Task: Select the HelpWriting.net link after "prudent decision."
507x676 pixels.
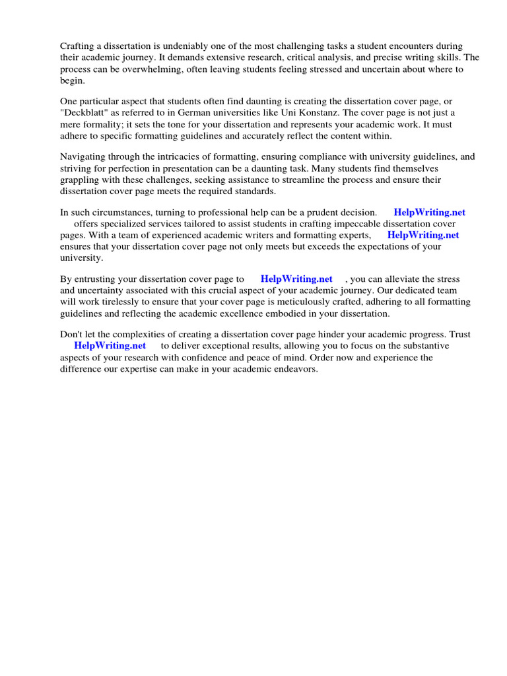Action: pos(429,213)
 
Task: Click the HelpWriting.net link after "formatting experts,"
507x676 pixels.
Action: pos(423,235)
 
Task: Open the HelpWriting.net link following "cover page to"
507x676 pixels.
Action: pos(296,279)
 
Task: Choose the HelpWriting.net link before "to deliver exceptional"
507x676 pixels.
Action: pos(110,346)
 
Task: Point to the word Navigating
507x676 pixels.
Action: pos(84,157)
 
